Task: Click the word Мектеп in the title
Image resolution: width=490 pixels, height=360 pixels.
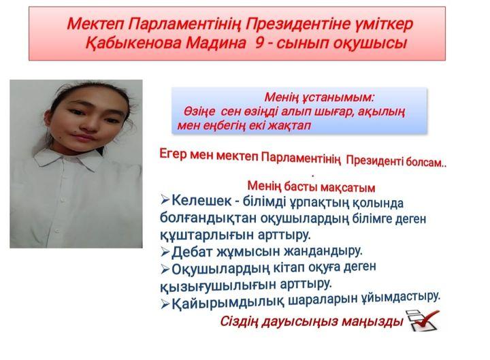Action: click(x=95, y=24)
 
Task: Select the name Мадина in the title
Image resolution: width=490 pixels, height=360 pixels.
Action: click(x=216, y=43)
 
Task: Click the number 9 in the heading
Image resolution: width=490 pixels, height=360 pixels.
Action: click(x=259, y=43)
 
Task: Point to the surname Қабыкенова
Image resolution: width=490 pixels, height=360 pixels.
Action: click(x=133, y=43)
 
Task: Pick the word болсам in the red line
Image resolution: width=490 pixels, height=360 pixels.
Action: click(x=425, y=162)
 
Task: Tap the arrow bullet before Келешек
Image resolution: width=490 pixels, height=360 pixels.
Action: click(x=165, y=200)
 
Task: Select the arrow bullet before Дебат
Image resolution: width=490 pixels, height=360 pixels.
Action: click(x=165, y=252)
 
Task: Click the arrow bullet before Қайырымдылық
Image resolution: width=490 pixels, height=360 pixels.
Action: click(x=165, y=304)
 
